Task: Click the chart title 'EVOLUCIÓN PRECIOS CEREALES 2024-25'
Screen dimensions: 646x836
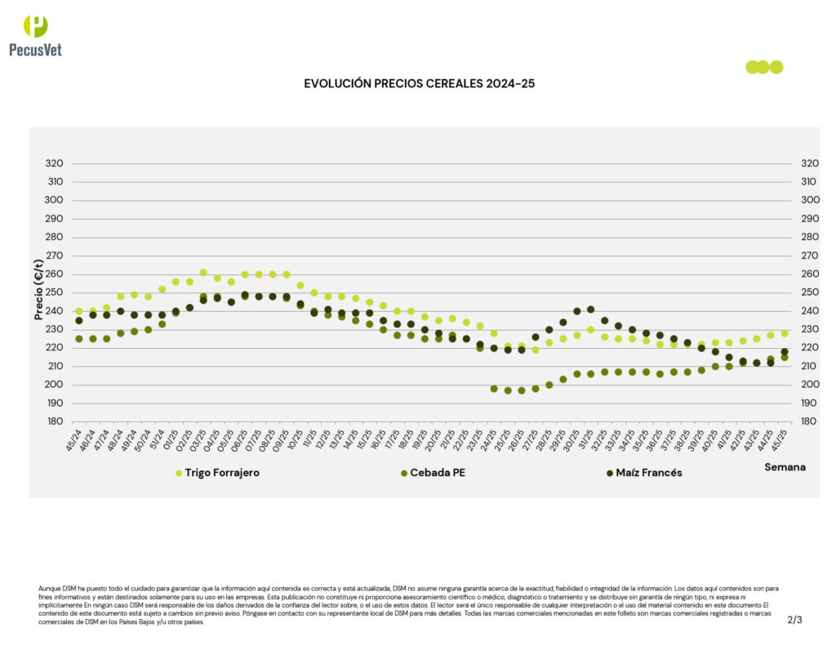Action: pyautogui.click(x=419, y=83)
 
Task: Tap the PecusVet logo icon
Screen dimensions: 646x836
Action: pyautogui.click(x=35, y=26)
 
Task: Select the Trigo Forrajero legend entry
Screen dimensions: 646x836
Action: pyautogui.click(x=218, y=473)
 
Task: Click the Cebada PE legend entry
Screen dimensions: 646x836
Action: pyautogui.click(x=437, y=473)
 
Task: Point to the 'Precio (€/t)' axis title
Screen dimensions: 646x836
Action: pyautogui.click(x=38, y=289)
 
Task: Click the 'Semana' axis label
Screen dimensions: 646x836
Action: pyautogui.click(x=785, y=467)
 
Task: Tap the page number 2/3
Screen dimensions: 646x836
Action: pyautogui.click(x=794, y=620)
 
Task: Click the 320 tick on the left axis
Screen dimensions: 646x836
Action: pyautogui.click(x=54, y=163)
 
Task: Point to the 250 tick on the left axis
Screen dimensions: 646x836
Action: pyautogui.click(x=54, y=292)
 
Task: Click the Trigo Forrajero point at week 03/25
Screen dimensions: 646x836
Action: pyautogui.click(x=203, y=273)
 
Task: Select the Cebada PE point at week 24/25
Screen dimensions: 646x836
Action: pyautogui.click(x=494, y=389)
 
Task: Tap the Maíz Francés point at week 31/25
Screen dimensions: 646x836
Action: pyautogui.click(x=590, y=310)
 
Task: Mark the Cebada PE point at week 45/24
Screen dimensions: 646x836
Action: pyautogui.click(x=79, y=339)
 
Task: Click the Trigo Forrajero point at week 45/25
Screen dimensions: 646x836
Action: pyautogui.click(x=785, y=333)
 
